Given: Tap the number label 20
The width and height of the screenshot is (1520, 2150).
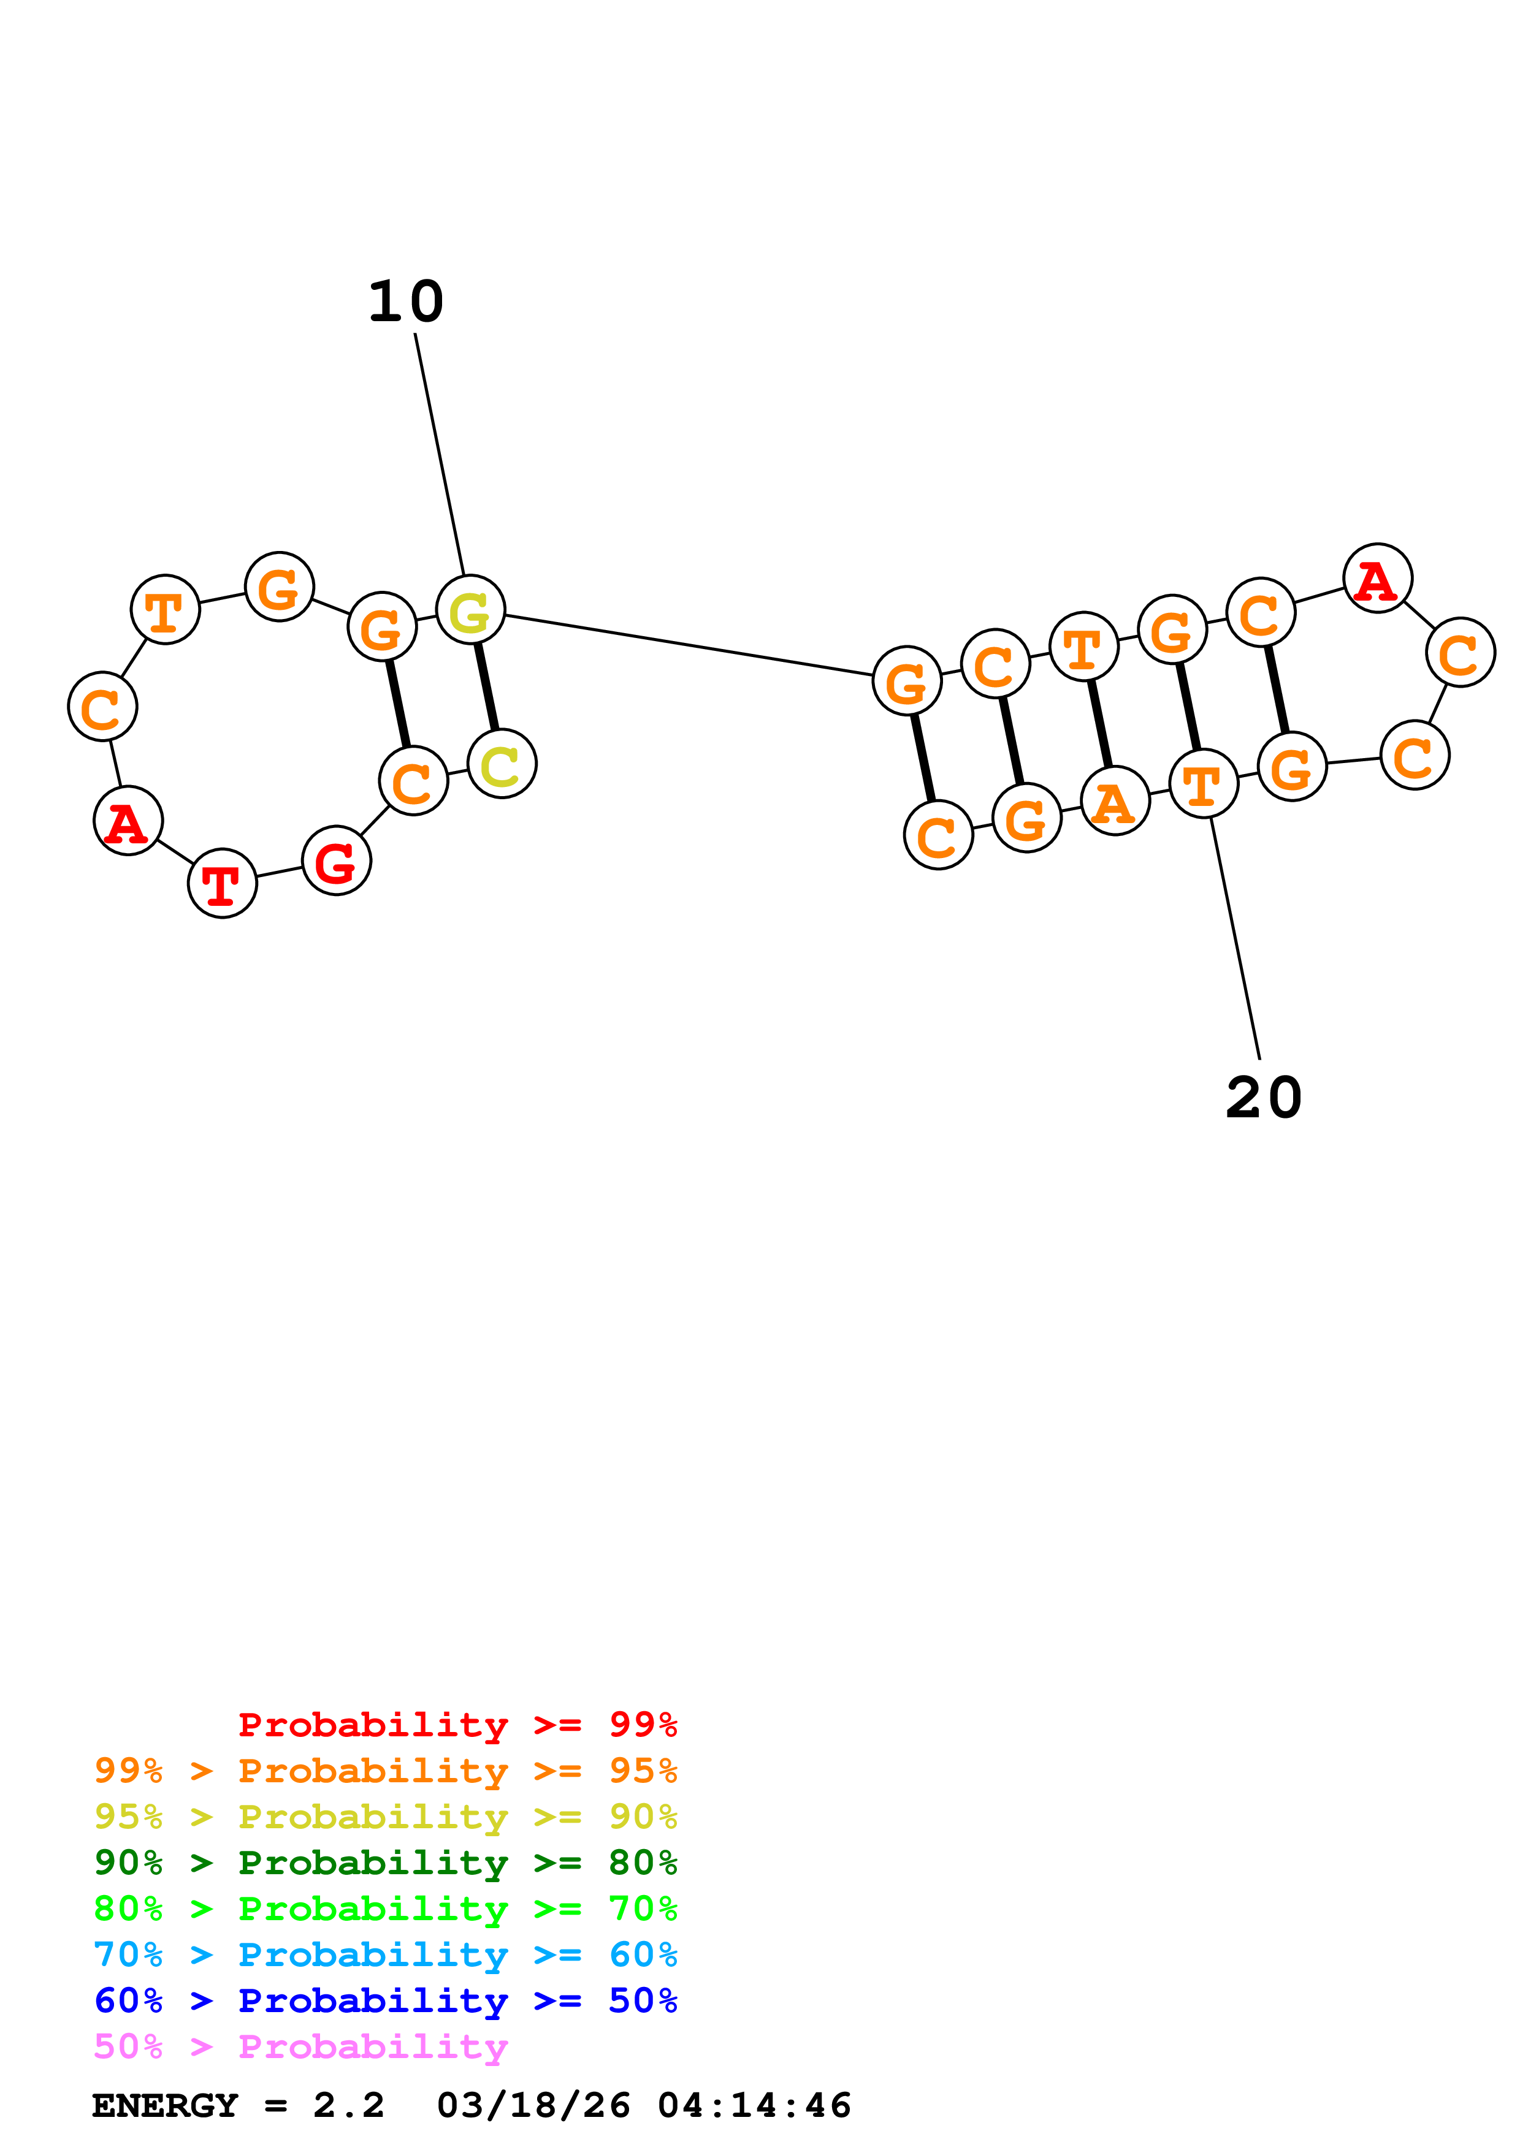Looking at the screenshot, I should [x=1263, y=1098].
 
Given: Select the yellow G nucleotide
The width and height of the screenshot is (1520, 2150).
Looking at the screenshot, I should [x=470, y=610].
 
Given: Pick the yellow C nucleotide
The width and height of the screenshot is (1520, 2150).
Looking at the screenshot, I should [x=502, y=764].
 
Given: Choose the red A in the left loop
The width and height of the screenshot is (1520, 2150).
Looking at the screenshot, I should [x=128, y=821].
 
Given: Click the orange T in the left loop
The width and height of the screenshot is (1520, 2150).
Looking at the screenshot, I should [x=165, y=610].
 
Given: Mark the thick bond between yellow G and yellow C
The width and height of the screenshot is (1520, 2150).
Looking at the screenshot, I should [x=486, y=686].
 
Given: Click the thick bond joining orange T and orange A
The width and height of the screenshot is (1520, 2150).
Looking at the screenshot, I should [x=1099, y=724].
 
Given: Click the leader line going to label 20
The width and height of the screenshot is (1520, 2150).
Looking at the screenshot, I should [x=1234, y=936].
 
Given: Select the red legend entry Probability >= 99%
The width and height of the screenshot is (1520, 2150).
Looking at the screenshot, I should [x=457, y=1725].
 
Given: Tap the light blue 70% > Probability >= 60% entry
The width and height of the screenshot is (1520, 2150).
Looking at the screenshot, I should [x=385, y=1954].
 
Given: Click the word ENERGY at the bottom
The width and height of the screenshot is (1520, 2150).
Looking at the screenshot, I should [x=165, y=2105].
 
